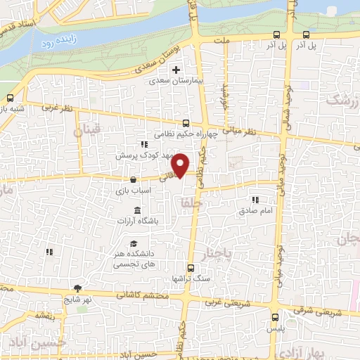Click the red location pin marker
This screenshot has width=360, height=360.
[181, 165]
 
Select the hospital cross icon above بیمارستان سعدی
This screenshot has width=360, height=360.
[176, 70]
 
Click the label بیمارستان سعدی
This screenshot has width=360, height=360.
[176, 81]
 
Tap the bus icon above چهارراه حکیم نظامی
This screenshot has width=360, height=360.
[186, 122]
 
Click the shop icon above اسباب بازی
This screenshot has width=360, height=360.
[134, 180]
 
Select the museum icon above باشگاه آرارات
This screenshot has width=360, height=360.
[136, 211]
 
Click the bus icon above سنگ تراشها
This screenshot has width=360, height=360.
[191, 268]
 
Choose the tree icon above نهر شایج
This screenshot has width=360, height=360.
[78, 289]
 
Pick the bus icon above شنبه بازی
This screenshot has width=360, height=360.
[10, 98]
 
